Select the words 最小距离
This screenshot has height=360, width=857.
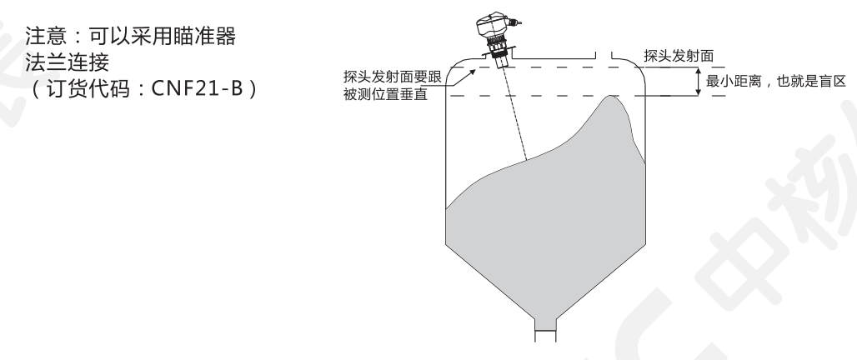tap(734, 82)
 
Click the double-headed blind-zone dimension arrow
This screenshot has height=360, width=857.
tap(699, 83)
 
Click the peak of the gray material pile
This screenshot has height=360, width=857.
tap(611, 96)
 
